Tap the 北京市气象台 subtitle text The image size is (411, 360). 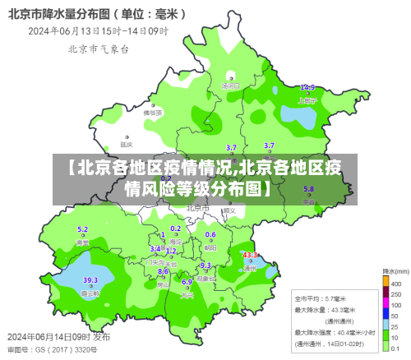coord(98,49)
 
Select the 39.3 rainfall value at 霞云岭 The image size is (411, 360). coord(90,280)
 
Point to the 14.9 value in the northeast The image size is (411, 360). coord(307,87)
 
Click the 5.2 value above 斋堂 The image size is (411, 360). coord(82,230)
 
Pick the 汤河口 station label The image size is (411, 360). coord(230,85)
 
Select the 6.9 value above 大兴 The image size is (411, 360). coord(187,282)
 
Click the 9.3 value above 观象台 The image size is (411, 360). coord(205,265)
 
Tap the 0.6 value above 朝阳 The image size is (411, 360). coord(210,234)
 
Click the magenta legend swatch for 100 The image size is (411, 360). coord(386,303)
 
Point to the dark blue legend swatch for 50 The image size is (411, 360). coord(386,314)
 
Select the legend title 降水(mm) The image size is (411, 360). coord(395,270)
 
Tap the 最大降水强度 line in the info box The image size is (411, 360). coord(332,331)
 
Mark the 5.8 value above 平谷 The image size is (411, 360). coord(309,189)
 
